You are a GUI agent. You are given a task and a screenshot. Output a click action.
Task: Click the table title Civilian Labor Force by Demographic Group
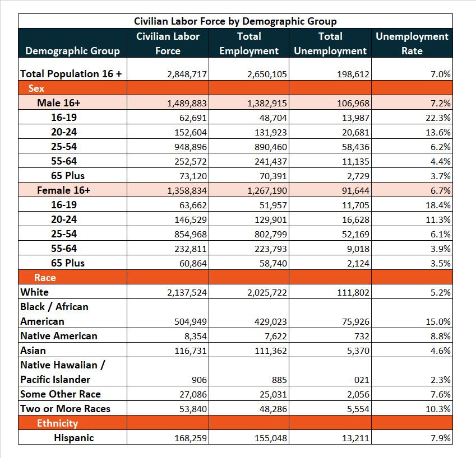tap(235, 21)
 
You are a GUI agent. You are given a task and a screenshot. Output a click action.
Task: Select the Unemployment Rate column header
tap(412, 43)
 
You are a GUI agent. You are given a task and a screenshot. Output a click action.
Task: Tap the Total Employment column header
tap(249, 43)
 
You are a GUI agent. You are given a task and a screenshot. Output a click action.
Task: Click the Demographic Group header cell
tap(72, 51)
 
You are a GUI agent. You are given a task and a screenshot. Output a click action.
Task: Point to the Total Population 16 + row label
tap(71, 74)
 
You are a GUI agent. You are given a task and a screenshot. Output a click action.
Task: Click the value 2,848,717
tap(187, 74)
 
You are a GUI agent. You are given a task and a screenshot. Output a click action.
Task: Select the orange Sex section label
tap(36, 88)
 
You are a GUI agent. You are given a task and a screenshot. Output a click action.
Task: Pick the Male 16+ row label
tap(59, 103)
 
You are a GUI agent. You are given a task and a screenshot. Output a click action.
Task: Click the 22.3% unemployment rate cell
tap(438, 118)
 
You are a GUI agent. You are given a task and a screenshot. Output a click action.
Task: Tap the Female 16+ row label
tap(63, 190)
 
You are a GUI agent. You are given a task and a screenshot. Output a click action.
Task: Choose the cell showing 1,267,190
tap(267, 191)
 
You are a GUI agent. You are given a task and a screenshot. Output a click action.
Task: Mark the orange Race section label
tap(45, 277)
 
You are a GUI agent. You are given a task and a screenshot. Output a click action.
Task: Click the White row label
tap(34, 292)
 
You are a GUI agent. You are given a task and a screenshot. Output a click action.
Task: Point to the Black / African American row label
tap(54, 314)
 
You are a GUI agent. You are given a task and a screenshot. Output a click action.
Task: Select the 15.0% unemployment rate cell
tap(438, 321)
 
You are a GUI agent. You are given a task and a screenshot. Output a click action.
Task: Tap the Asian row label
tap(33, 350)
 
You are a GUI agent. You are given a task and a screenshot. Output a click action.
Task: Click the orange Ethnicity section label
tap(57, 423)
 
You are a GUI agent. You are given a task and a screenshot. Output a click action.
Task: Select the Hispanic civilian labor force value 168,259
tap(191, 438)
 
